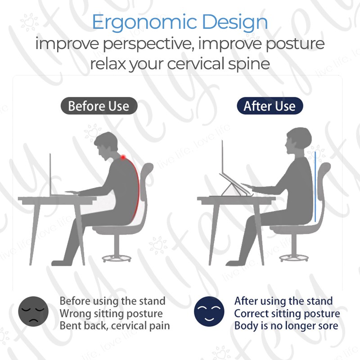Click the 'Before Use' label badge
click(99, 106)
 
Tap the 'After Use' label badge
click(270, 106)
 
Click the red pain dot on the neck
click(123, 157)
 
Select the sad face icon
click(33, 311)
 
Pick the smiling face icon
click(209, 311)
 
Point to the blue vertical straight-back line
click(315, 186)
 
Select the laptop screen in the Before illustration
click(50, 175)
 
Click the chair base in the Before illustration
click(117, 258)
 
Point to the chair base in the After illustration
click(294, 258)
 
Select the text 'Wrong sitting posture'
click(111, 314)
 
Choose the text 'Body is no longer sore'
click(286, 326)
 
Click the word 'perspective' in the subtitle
click(147, 44)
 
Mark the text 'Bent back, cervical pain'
click(115, 326)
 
